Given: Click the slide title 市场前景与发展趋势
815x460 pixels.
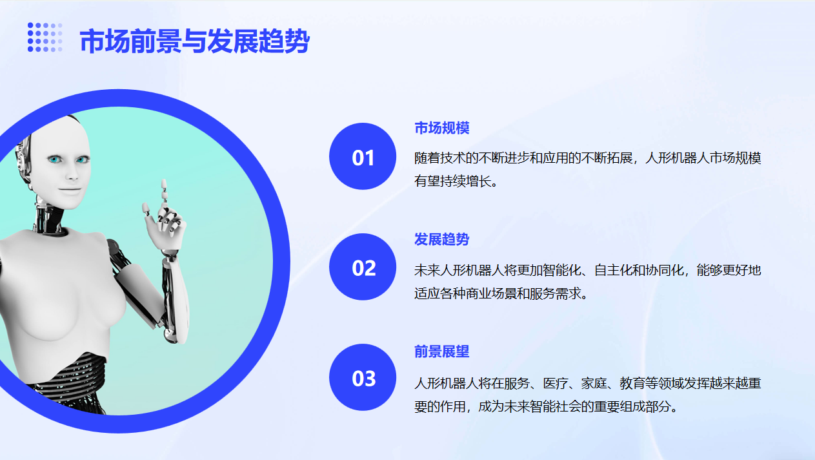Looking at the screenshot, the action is tap(194, 41).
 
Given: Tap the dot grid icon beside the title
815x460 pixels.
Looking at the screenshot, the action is tap(45, 37).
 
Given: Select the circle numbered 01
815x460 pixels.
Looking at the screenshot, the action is tap(363, 156).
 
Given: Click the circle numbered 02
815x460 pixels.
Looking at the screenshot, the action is tap(363, 267).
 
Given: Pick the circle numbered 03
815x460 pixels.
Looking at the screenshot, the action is tap(363, 377).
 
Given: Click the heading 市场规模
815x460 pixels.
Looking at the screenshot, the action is tap(442, 128).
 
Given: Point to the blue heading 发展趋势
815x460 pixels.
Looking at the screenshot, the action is tap(442, 239).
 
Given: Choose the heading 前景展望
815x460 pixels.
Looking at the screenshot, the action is tap(442, 351).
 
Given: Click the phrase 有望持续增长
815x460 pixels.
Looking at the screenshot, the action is tap(452, 181).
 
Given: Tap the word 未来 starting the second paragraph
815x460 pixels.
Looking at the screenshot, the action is tap(427, 270).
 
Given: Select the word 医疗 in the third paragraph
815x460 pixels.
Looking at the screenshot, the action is tap(556, 383).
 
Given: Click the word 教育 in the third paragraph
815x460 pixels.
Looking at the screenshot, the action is tap(632, 383).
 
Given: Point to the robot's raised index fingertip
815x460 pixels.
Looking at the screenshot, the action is tap(164, 182).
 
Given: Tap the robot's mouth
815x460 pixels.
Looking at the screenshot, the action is tap(70, 189).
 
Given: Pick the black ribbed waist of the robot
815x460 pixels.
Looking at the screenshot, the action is tap(69, 382).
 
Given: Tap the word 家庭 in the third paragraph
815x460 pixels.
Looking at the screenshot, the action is tap(594, 383).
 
